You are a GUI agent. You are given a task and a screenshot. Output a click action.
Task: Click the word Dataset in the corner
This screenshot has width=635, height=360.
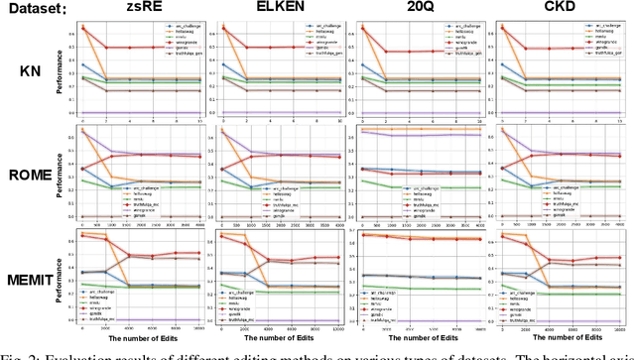(31, 11)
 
